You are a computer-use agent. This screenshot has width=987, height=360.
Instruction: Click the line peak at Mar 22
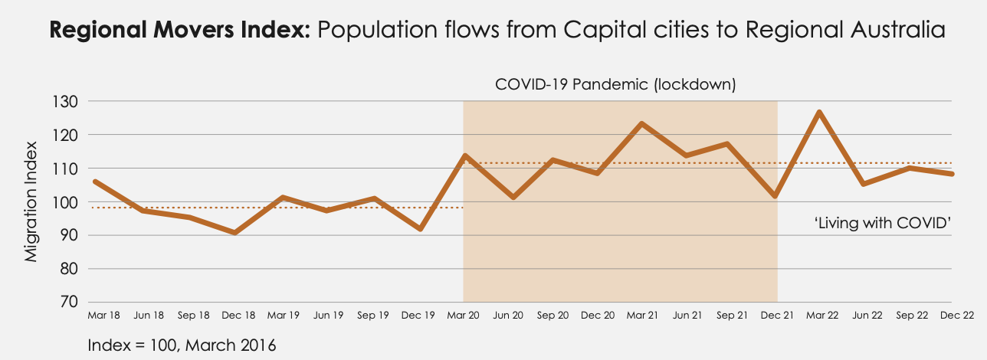pos(819,113)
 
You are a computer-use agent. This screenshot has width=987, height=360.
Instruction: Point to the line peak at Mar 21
pos(641,123)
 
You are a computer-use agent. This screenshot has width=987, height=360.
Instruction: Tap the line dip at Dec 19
pos(421,229)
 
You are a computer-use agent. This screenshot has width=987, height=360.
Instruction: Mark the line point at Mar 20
pos(464,155)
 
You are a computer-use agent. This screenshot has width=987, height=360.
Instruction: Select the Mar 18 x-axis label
pos(103,316)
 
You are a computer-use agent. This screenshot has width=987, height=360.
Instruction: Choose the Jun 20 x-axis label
pos(508,316)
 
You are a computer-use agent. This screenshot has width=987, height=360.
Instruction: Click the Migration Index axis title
pos(31,201)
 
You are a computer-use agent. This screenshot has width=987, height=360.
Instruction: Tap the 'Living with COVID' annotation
pos(882,222)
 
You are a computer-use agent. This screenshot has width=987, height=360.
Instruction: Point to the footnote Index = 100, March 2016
pos(182,345)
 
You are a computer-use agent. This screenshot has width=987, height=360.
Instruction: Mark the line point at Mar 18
pos(94,182)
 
